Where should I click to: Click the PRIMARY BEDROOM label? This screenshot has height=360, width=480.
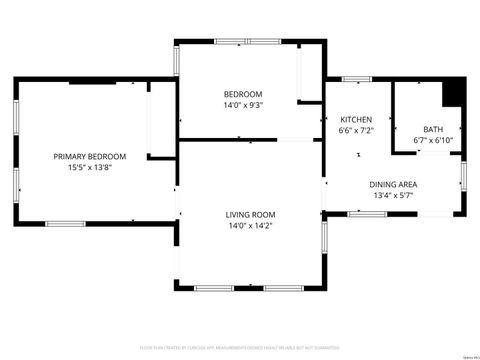[x=90, y=157]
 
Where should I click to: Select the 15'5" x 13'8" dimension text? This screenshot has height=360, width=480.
[x=90, y=169]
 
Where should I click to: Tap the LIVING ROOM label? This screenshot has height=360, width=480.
[x=249, y=214]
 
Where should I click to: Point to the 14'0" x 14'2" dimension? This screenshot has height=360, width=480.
[x=249, y=226]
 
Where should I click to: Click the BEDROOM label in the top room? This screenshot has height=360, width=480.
[x=243, y=94]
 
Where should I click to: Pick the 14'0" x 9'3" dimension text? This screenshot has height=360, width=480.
[x=243, y=106]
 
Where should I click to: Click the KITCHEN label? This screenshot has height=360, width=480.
[x=356, y=119]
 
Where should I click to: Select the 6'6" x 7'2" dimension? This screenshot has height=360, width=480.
[x=356, y=131]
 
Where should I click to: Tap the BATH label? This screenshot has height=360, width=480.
[x=433, y=129]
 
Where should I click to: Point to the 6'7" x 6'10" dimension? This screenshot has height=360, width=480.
[x=433, y=141]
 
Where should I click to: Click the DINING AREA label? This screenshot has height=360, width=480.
[x=393, y=184]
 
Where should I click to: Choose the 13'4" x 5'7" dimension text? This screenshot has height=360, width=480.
[x=393, y=196]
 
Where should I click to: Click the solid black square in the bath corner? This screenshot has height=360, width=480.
[x=453, y=91]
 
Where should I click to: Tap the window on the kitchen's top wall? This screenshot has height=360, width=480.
[x=356, y=78]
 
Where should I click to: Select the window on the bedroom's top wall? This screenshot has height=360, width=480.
[x=245, y=41]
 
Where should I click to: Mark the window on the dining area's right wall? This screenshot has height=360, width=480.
[x=462, y=175]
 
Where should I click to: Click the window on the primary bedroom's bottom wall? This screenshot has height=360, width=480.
[x=66, y=223]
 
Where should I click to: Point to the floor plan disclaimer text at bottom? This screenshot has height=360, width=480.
[x=240, y=349]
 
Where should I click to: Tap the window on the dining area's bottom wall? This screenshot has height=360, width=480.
[x=367, y=214]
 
